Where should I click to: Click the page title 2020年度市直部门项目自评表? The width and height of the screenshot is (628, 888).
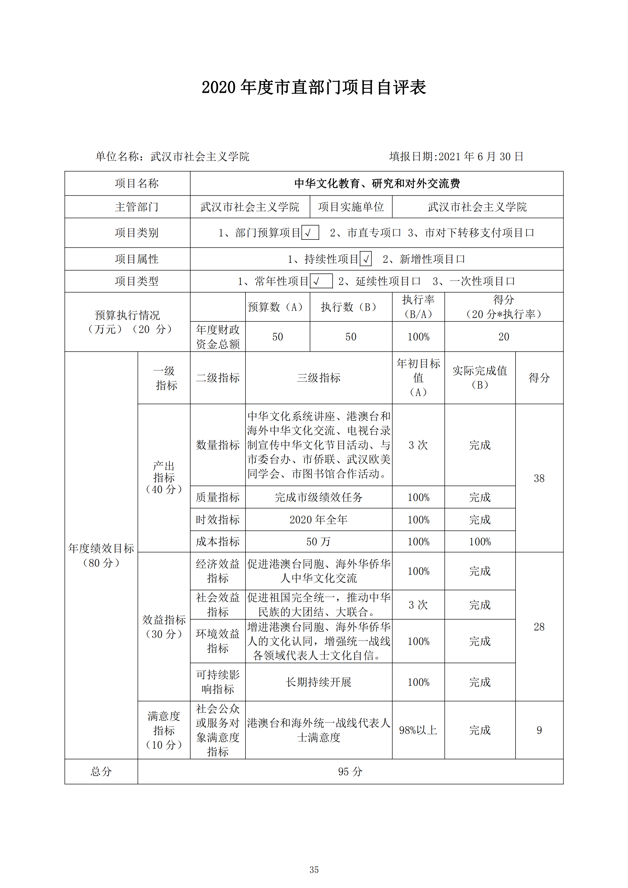coord(314,87)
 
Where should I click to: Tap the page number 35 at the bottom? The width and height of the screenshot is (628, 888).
coord(314,870)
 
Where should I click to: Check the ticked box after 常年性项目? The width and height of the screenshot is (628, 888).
coord(321,281)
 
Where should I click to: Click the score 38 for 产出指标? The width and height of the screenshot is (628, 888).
coord(539,478)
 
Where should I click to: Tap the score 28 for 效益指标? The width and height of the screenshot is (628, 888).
coord(539,627)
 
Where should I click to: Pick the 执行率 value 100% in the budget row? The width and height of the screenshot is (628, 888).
coord(418,337)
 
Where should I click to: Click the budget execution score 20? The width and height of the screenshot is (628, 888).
coord(503,337)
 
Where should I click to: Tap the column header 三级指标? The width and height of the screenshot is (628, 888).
coord(318,378)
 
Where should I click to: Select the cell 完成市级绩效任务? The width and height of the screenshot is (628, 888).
coord(318,497)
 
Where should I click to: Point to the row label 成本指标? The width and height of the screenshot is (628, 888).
coord(218,541)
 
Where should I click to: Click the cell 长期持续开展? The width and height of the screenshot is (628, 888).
coord(318,682)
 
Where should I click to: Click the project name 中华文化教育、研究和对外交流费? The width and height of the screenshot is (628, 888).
coord(377,183)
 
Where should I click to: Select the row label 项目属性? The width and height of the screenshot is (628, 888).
coord(137,259)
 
